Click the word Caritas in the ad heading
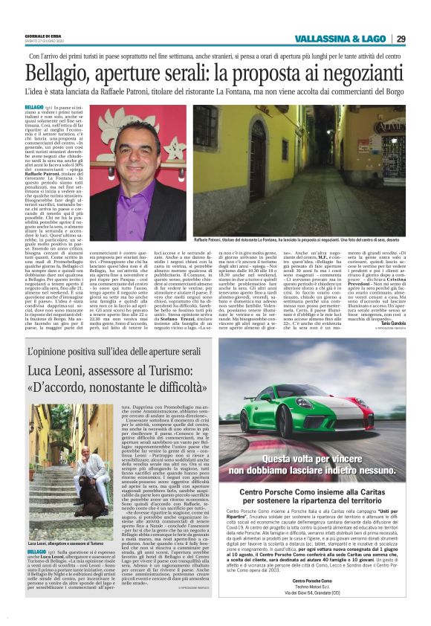[372, 488]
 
